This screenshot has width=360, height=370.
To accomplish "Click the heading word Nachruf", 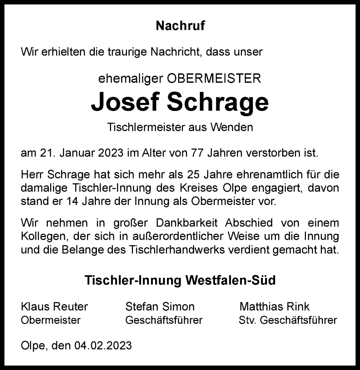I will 180,26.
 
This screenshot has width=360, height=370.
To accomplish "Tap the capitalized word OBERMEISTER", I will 214,78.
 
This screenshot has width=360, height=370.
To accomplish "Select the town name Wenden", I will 232,127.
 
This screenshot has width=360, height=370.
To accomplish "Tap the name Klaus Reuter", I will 55,306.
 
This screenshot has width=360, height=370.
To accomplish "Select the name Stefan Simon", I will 160,306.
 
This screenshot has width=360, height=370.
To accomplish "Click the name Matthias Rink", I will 274,306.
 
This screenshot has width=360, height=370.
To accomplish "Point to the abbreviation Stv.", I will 247,320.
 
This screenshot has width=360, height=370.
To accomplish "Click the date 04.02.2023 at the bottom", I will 103,345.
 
